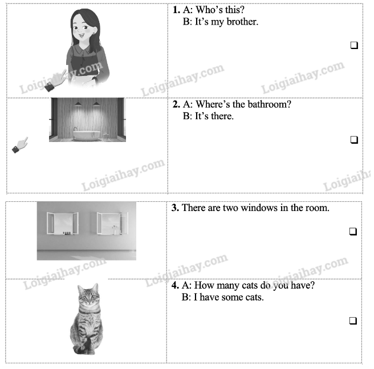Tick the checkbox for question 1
click(354, 45)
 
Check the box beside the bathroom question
click(354, 140)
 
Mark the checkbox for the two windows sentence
click(353, 232)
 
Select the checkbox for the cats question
click(353, 321)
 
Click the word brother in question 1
click(242, 22)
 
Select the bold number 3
click(175, 208)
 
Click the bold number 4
click(175, 285)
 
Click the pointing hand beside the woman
click(55, 80)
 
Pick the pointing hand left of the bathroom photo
click(20, 145)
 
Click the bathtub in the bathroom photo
click(87, 135)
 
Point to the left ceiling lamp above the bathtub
click(78, 104)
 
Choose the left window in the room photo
click(63, 223)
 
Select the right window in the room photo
click(112, 223)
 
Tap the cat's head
click(88, 295)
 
